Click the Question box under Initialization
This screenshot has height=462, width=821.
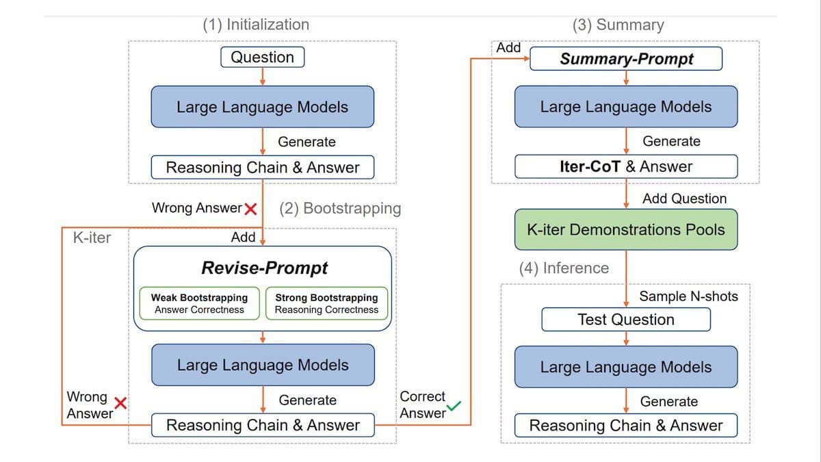[262, 57]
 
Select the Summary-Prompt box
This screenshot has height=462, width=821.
[626, 59]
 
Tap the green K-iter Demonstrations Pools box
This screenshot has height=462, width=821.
[625, 229]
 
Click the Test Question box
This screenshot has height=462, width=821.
[625, 320]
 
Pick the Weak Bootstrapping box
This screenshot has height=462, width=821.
[199, 303]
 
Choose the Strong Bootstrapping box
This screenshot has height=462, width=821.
[326, 303]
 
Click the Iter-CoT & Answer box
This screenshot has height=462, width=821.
[625, 166]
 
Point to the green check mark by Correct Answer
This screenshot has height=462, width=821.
[454, 409]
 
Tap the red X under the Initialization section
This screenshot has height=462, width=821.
[250, 208]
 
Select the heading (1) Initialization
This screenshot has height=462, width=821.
[256, 25]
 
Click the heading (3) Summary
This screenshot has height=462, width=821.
[618, 25]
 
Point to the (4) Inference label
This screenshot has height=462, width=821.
[564, 268]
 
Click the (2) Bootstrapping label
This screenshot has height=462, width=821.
[340, 208]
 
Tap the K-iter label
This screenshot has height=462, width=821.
[92, 238]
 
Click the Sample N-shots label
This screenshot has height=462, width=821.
[688, 296]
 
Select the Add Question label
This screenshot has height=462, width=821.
[684, 198]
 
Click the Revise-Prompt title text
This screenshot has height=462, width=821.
[264, 268]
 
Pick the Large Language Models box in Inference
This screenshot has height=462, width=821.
[625, 367]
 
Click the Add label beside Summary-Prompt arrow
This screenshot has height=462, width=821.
[508, 48]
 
